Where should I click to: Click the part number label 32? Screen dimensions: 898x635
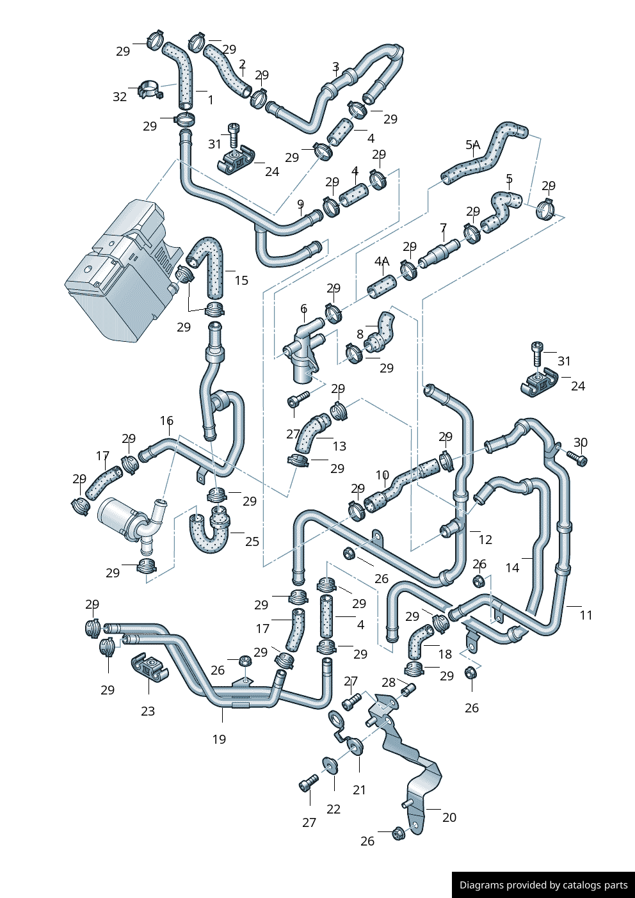click(x=120, y=97)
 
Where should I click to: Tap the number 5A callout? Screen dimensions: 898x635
click(x=472, y=145)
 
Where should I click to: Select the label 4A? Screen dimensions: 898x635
click(x=382, y=261)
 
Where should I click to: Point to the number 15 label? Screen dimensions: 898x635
click(x=241, y=280)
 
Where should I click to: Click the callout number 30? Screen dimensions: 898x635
click(x=580, y=442)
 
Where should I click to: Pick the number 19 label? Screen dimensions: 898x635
click(x=219, y=739)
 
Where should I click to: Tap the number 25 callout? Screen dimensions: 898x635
click(x=252, y=541)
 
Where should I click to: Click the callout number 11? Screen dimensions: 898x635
click(x=586, y=615)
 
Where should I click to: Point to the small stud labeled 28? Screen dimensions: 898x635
click(x=408, y=690)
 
